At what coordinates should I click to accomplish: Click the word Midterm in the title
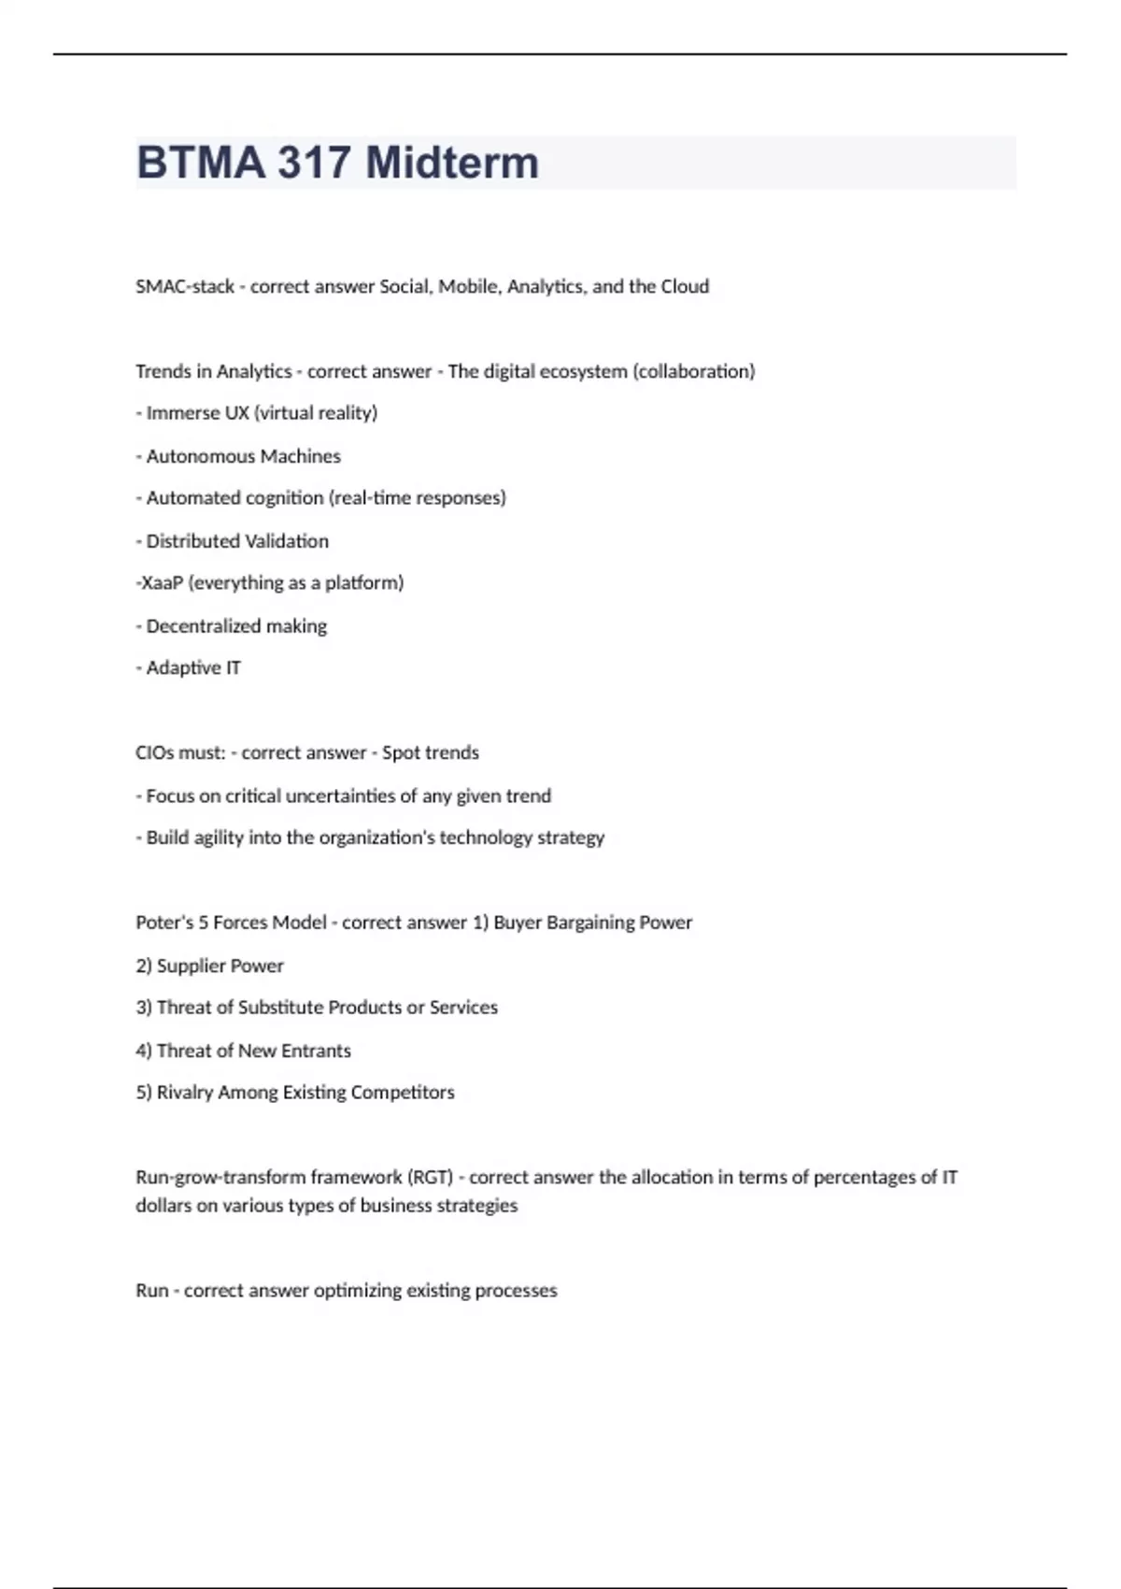(452, 163)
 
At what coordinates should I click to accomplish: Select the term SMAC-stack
(185, 287)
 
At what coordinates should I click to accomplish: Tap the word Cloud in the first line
(685, 287)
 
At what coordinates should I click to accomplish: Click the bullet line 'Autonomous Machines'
(243, 456)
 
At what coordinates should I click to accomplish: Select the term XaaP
(162, 583)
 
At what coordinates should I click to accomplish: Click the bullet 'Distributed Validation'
(237, 541)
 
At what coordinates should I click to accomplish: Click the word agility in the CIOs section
(219, 837)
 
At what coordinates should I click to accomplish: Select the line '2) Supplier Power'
(209, 966)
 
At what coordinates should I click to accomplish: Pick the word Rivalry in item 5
(185, 1093)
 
